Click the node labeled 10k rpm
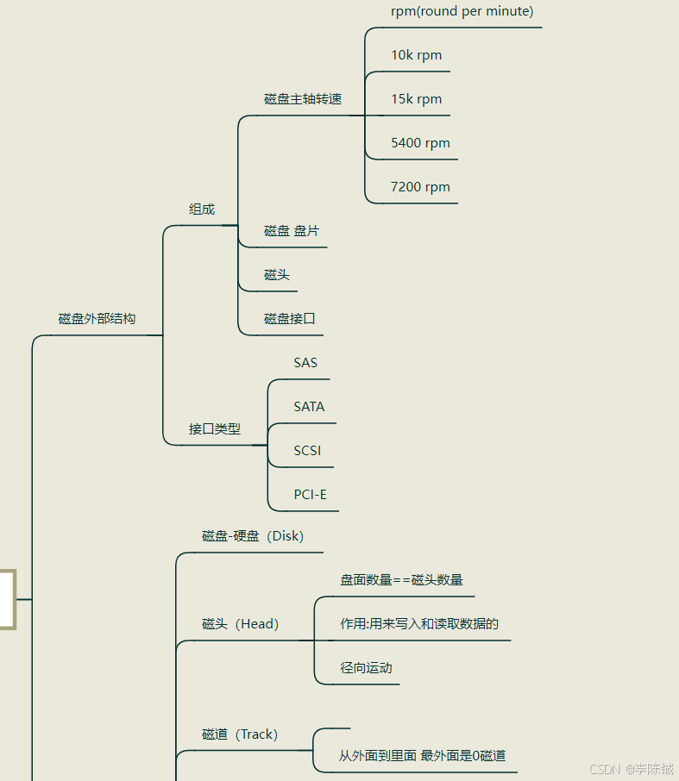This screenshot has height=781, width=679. coord(416,55)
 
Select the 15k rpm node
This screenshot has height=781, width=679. coord(416,99)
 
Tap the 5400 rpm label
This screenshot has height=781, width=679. coord(420,143)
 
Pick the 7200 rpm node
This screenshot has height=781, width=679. coord(420,187)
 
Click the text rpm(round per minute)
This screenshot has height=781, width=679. coord(462,11)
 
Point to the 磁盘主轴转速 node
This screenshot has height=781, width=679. coord(303,99)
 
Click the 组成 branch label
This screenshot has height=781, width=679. coord(202,209)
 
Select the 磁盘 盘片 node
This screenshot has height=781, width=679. coord(292,231)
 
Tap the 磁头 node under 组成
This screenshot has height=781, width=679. coord(277,275)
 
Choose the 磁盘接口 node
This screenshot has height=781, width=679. coord(290,319)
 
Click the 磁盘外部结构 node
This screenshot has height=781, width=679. coord(97,319)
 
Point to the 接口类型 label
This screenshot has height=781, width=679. coord(215,428)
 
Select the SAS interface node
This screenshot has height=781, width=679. coord(305,363)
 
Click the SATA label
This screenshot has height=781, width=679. coord(309,407)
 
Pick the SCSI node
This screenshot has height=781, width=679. coord(307,451)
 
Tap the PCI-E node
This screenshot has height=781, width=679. coord(310,495)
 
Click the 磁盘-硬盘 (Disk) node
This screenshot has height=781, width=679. coord(253,536)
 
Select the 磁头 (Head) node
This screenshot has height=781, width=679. coord(240,624)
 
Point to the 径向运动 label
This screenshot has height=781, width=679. coord(366,668)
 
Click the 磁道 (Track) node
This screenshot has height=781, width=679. coord(240,734)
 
